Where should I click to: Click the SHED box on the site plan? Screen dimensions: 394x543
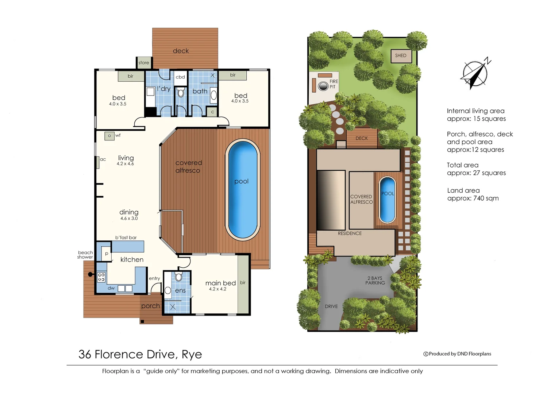pyautogui.click(x=401, y=56)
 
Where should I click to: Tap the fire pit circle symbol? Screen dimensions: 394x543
pyautogui.click(x=323, y=86)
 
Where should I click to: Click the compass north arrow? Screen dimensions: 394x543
pyautogui.click(x=475, y=74)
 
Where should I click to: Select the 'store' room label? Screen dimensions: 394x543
pyautogui.click(x=144, y=63)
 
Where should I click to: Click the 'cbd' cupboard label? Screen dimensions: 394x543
pyautogui.click(x=180, y=77)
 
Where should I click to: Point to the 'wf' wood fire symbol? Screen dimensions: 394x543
pyautogui.click(x=109, y=136)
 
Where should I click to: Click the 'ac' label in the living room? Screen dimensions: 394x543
pyautogui.click(x=103, y=159)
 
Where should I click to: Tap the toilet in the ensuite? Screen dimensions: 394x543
pyautogui.click(x=178, y=277)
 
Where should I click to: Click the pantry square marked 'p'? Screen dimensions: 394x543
pyautogui.click(x=107, y=254)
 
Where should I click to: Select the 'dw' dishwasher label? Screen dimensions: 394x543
pyautogui.click(x=111, y=288)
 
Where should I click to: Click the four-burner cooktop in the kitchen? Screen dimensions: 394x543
pyautogui.click(x=101, y=277)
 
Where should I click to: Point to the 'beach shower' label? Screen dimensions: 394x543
pyautogui.click(x=85, y=255)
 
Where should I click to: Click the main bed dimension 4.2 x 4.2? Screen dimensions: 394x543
pyautogui.click(x=217, y=289)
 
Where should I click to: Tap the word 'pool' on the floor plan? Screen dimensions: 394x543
pyautogui.click(x=241, y=181)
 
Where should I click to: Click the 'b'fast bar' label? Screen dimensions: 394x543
pyautogui.click(x=126, y=237)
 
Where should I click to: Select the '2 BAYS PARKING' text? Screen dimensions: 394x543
pyautogui.click(x=376, y=281)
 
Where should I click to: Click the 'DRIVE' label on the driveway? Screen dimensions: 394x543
pyautogui.click(x=331, y=306)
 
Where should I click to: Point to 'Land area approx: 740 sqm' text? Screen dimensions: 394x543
pyautogui.click(x=473, y=194)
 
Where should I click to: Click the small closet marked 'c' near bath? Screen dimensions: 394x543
pyautogui.click(x=212, y=112)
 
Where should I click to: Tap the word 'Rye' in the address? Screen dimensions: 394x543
pyautogui.click(x=192, y=354)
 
